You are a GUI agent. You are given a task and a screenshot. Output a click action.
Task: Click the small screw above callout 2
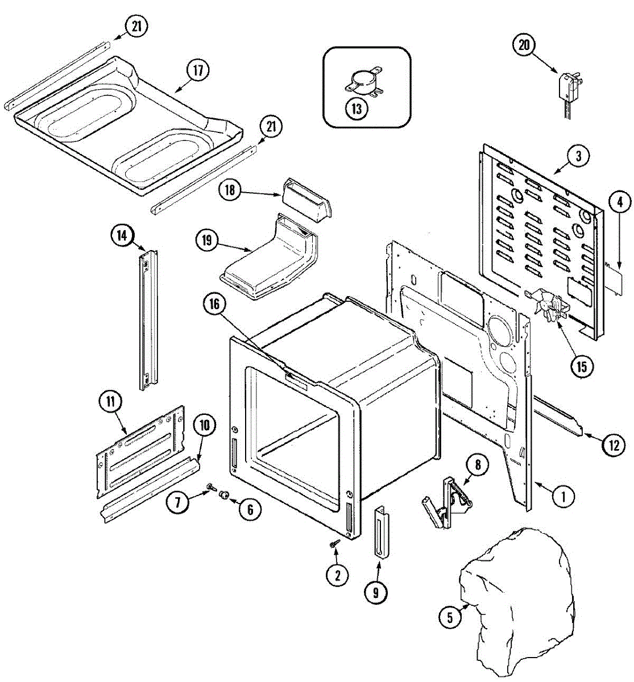pyautogui.click(x=334, y=544)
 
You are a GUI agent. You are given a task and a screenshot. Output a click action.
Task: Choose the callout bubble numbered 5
pyautogui.click(x=450, y=617)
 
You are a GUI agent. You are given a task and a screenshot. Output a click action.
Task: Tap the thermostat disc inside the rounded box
pyautogui.click(x=362, y=84)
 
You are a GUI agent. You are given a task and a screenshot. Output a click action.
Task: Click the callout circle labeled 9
pyautogui.click(x=376, y=592)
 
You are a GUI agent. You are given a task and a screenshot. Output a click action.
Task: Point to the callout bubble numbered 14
pyautogui.click(x=122, y=235)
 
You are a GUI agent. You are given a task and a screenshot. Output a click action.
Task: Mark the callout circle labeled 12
pyautogui.click(x=614, y=445)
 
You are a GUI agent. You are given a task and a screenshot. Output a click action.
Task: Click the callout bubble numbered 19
pyautogui.click(x=206, y=240)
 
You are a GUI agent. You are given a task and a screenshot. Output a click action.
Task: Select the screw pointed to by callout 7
pyautogui.click(x=212, y=487)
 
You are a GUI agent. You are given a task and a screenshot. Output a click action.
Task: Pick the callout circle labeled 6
pyautogui.click(x=250, y=509)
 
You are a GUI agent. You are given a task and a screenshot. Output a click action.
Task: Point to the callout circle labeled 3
pyautogui.click(x=578, y=156)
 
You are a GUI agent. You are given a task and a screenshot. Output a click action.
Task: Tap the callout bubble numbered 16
pyautogui.click(x=214, y=305)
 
